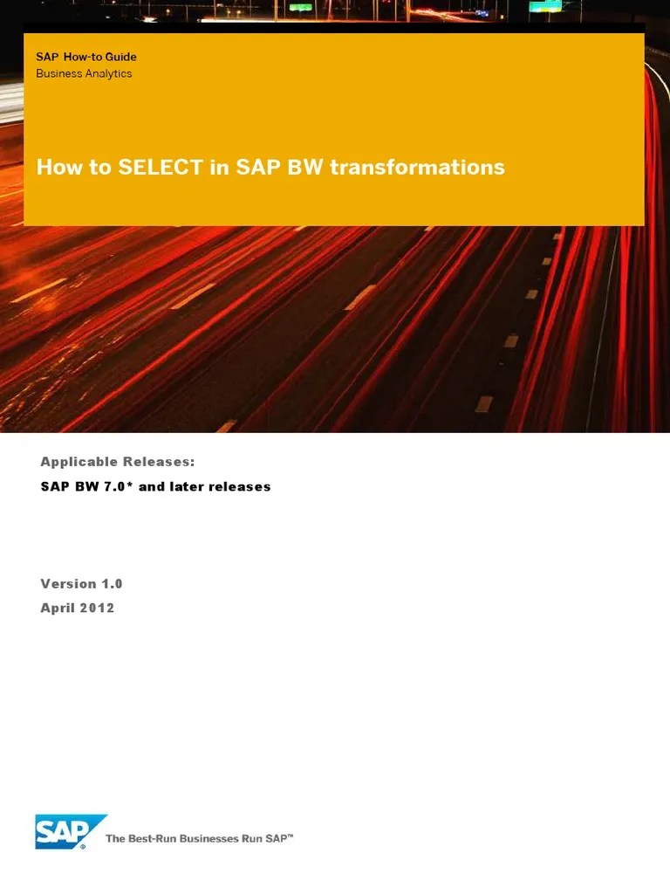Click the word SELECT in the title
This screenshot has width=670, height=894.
coord(162,167)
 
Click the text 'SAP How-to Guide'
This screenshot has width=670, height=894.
coord(86,57)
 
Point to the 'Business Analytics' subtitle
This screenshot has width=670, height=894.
coord(84,73)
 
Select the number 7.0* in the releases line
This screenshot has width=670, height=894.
coord(116,486)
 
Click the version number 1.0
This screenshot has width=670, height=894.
coord(113,583)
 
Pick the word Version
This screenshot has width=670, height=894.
coord(69,583)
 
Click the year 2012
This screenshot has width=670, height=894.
coord(98,608)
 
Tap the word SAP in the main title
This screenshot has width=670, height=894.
coord(253,167)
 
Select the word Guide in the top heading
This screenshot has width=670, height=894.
coord(120,57)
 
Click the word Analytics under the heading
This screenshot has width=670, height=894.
coord(108,73)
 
